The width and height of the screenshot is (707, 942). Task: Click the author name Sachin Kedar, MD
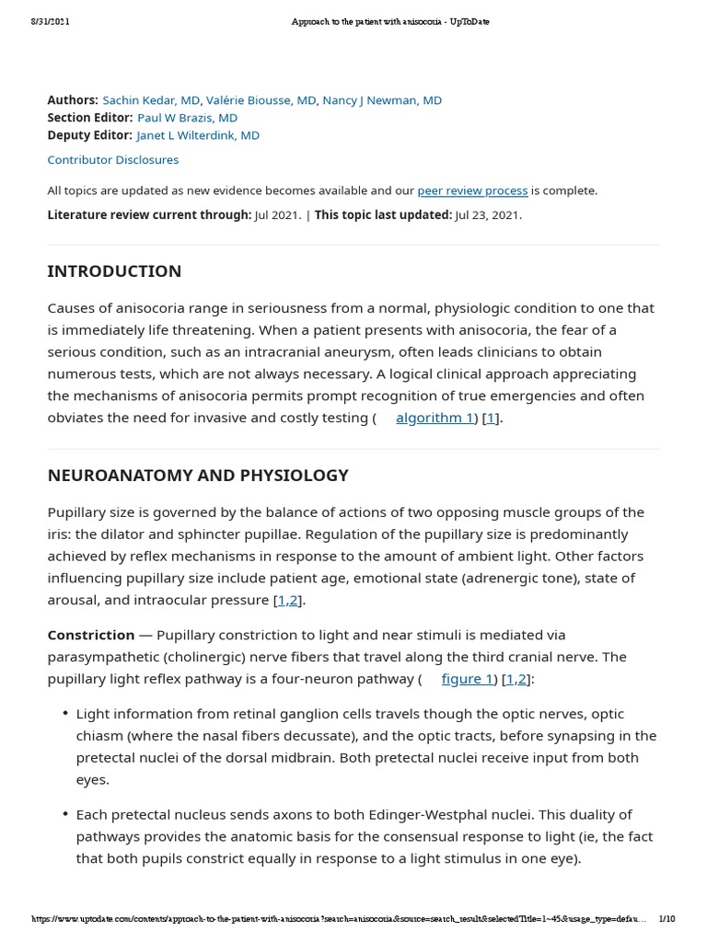point(151,100)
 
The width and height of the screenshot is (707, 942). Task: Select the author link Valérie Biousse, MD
point(261,100)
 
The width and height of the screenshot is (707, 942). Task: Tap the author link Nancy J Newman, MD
point(382,100)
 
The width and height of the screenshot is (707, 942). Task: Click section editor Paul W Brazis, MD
point(187,118)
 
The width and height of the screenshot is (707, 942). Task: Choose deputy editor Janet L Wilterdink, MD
point(198,135)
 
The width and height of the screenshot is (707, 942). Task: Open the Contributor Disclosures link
point(113,159)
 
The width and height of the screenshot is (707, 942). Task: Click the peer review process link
point(472,190)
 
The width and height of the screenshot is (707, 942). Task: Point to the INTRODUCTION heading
point(114,271)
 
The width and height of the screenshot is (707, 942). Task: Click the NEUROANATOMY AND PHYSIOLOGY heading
point(198,476)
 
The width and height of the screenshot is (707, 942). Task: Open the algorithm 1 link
point(435,418)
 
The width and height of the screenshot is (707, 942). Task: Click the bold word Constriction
point(91,635)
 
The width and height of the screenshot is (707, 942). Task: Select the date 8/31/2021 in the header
point(50,21)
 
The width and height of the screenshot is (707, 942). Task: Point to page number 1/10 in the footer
point(667,919)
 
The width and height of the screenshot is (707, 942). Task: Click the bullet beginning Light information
point(65,714)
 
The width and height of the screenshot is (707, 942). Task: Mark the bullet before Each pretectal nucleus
point(65,815)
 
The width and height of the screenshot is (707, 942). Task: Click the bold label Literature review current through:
point(149,215)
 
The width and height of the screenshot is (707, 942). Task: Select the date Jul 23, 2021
point(488,215)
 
